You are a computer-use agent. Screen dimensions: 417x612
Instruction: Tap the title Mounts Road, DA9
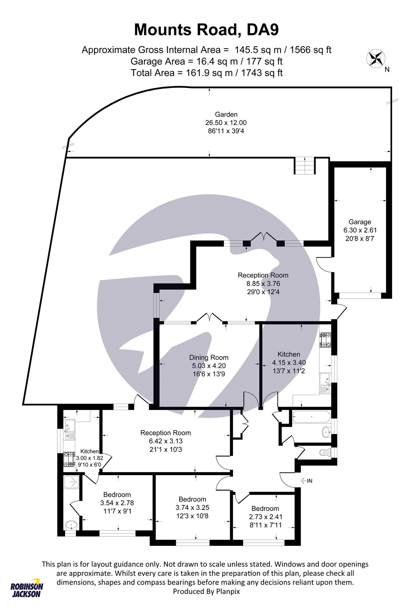206,30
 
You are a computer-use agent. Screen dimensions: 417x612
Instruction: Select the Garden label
226,114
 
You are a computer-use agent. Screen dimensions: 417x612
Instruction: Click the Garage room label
360,222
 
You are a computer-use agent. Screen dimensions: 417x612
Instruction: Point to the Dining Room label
209,357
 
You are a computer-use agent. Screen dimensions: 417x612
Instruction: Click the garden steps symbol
305,166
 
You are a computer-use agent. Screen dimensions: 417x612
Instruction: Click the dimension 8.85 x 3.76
263,283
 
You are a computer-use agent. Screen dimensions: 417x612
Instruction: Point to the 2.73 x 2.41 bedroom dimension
265,517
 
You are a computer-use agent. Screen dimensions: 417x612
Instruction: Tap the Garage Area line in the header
206,62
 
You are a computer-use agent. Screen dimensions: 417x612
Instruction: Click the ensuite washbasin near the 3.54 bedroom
71,525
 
